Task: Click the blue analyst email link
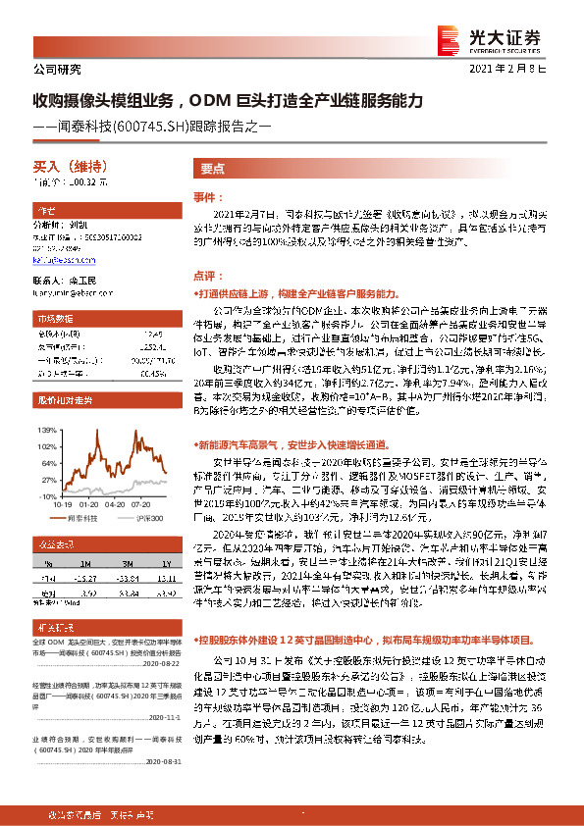coord(58,260)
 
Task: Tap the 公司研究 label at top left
coord(57,71)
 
